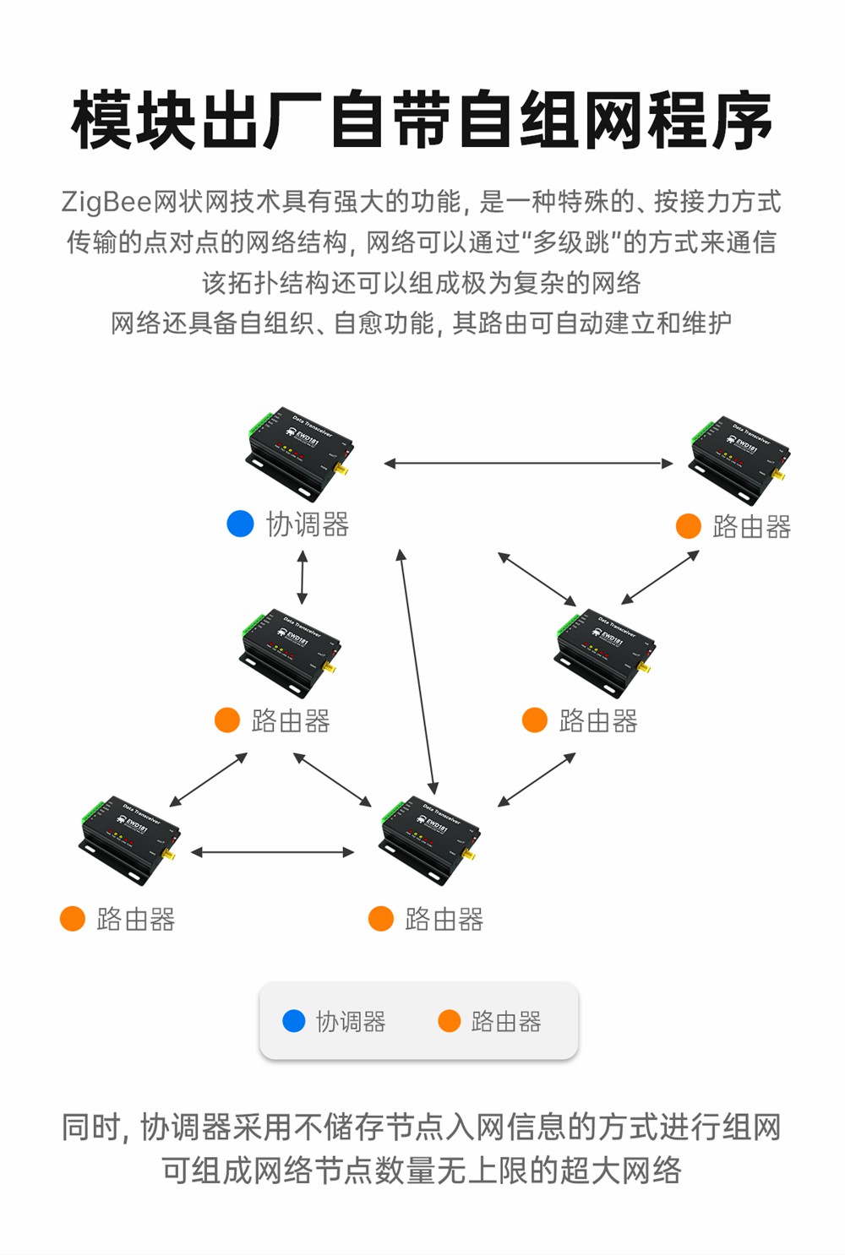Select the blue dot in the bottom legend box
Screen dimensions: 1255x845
click(x=293, y=1021)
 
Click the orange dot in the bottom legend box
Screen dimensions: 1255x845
click(x=449, y=1021)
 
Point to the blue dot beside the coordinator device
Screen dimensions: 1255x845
click(x=241, y=524)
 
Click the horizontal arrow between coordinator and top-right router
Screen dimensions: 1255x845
click(x=528, y=463)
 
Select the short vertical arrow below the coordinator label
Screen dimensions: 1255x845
click(x=303, y=578)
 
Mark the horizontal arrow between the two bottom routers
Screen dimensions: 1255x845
click(x=273, y=852)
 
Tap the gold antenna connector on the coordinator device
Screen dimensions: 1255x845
click(x=342, y=468)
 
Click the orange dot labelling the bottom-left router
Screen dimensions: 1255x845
click(x=73, y=919)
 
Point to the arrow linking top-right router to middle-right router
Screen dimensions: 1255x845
click(x=660, y=578)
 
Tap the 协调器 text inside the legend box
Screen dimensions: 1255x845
click(x=351, y=1022)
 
